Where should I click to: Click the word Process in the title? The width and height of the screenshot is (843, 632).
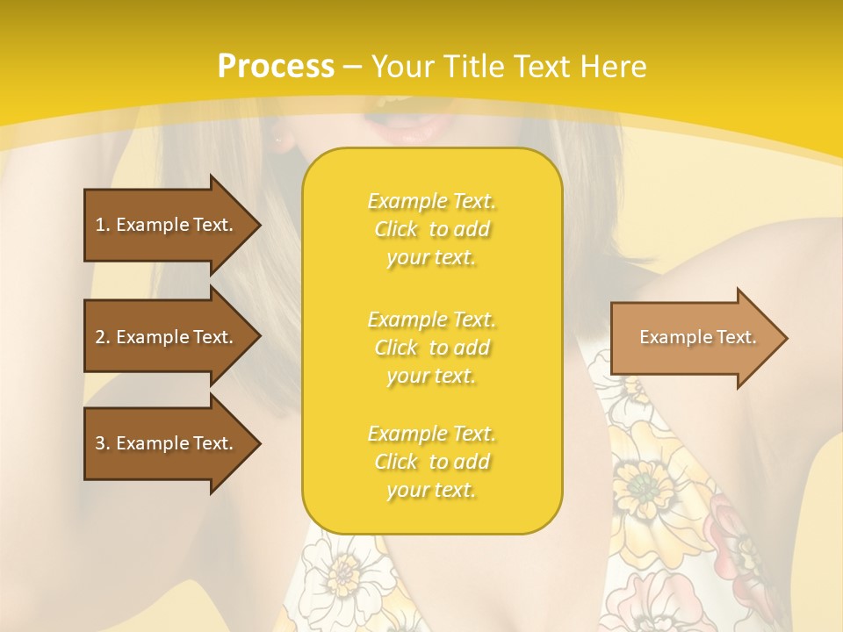coord(276,67)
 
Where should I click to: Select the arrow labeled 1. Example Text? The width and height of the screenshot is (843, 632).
coord(167,225)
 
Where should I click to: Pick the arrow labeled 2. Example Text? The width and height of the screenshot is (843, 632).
coord(167,337)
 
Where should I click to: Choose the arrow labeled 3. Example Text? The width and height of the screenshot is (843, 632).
coord(167,443)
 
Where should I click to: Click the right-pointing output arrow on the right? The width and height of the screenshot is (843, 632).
coord(694,337)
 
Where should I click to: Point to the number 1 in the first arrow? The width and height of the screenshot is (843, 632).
coord(100,225)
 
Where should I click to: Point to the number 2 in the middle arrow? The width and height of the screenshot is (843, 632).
coord(100,337)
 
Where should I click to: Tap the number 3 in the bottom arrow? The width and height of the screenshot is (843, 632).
coord(100,443)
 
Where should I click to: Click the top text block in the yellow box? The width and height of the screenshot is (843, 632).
coord(431,229)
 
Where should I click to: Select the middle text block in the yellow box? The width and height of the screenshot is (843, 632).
coord(431,348)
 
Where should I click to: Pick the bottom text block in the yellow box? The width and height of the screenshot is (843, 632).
coord(431,462)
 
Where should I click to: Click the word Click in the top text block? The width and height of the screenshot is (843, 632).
coord(396,229)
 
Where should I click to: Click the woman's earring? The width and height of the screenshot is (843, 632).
coord(279,140)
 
